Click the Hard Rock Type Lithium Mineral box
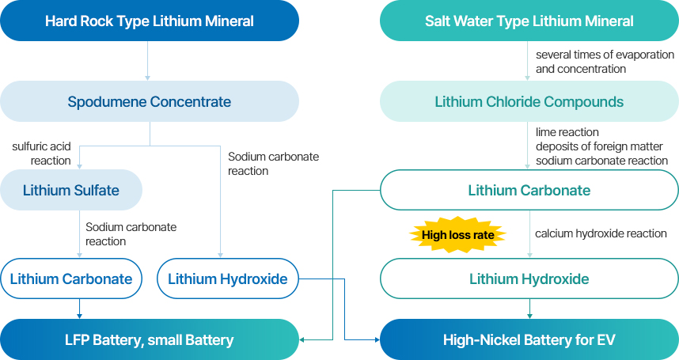coord(150,21)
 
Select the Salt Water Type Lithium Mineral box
coord(529,21)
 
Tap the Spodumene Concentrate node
coord(150,101)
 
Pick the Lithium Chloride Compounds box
coord(529,101)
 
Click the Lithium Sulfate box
coord(71,190)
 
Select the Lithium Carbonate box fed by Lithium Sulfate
coord(71,279)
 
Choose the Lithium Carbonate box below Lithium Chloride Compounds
coord(529,190)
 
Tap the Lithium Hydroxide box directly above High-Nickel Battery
coord(529,279)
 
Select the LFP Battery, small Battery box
coord(150,339)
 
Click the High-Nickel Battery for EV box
coord(529,339)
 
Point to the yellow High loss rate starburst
coord(457,234)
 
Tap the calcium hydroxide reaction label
coord(600,233)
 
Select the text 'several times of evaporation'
coord(605,55)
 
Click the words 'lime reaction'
coord(567,132)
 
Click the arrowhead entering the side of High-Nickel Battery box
coord(376,339)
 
